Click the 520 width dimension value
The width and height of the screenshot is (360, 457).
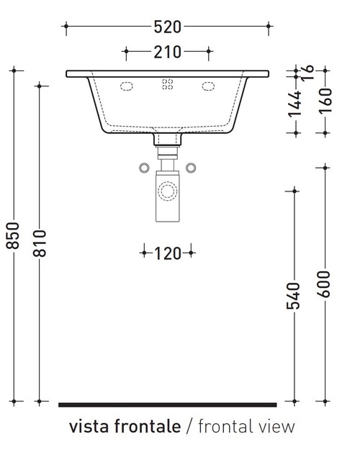click(167, 27)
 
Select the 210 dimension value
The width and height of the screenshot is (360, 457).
click(167, 52)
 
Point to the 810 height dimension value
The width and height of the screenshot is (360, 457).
click(40, 245)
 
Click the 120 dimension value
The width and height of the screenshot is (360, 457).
click(167, 253)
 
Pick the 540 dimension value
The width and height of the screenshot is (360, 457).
click(293, 295)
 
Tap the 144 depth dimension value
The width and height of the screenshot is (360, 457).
click(293, 105)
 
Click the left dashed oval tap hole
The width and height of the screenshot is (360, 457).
click(127, 86)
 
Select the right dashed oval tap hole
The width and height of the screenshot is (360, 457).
click(209, 86)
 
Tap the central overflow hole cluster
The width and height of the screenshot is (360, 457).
click(167, 85)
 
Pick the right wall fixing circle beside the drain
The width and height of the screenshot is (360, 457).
click(191, 168)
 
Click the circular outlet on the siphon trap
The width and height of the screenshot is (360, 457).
click(168, 191)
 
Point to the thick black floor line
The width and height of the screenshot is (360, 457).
click(167, 404)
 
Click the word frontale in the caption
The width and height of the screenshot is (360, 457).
click(148, 427)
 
